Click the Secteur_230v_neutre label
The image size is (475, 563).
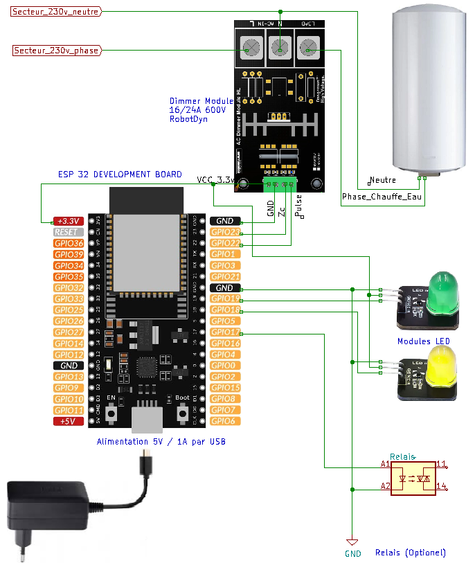click(56, 12)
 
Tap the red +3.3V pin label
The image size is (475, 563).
click(68, 221)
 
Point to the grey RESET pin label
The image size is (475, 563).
click(68, 232)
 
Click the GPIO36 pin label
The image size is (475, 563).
click(68, 243)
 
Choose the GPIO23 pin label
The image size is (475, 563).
click(225, 232)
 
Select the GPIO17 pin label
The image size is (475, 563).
click(225, 332)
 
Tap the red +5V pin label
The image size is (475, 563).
click(68, 421)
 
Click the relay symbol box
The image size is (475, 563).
click(413, 477)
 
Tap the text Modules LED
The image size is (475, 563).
click(423, 341)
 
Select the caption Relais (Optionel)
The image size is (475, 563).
click(410, 553)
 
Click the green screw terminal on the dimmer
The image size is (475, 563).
click(280, 184)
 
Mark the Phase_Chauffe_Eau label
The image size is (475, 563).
click(382, 197)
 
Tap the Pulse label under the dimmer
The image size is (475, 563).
click(299, 206)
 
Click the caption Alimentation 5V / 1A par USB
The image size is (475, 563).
click(161, 442)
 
